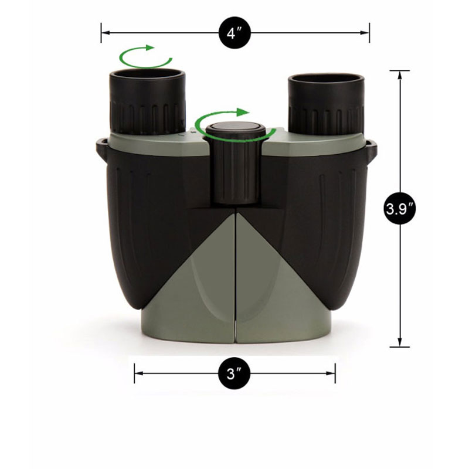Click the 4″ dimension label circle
coord(235,33)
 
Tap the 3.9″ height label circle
coord(400,209)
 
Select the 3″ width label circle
coord(234,373)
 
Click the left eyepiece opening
coord(147,74)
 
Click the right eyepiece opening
coord(327,78)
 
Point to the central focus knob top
coord(236,128)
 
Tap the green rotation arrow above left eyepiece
coord(145,57)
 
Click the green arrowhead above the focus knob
coord(243,112)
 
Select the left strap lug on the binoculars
coord(101,150)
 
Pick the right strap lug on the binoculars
coord(372,151)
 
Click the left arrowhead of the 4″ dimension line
coord(106,33)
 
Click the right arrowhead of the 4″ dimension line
coord(365,33)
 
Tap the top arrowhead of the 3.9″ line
coord(400,76)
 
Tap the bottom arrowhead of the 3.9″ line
coord(400,342)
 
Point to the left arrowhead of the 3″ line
coord(139,373)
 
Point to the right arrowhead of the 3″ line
coord(331,373)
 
